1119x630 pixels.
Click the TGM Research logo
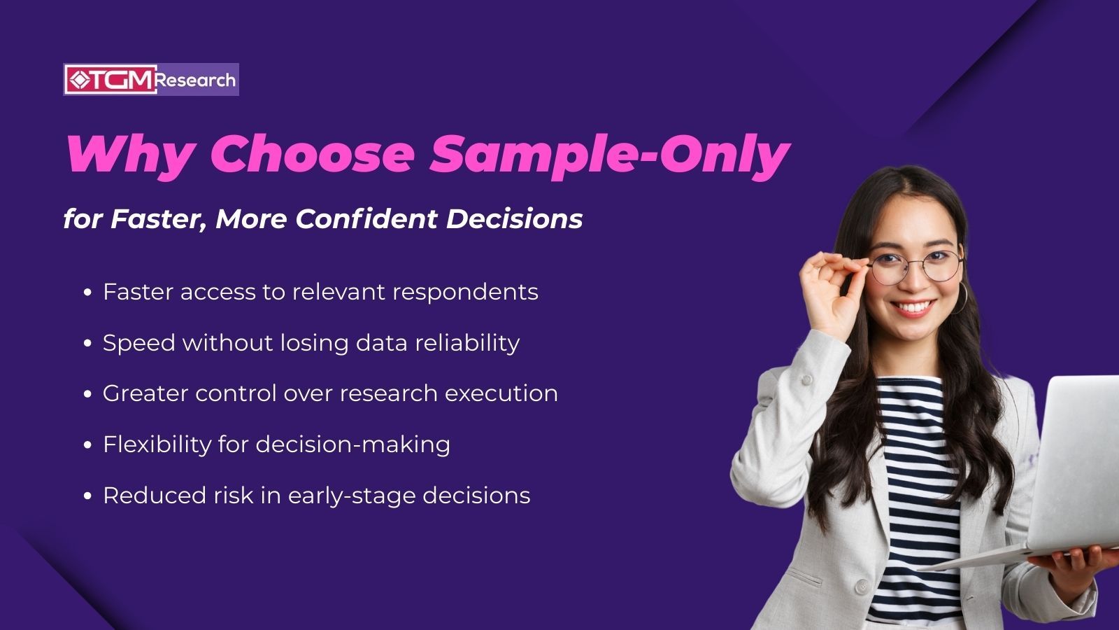pyautogui.click(x=151, y=80)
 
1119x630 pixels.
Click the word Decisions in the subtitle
pyautogui.click(x=514, y=218)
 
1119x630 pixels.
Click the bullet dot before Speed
pyautogui.click(x=87, y=344)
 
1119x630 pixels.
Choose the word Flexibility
pyautogui.click(x=157, y=444)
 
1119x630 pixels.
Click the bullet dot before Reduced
pyautogui.click(x=87, y=496)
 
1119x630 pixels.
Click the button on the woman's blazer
pyautogui.click(x=862, y=587)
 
